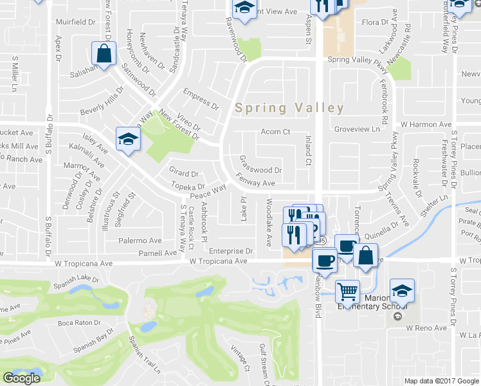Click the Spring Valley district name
289,108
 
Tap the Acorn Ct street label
275,133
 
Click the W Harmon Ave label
426,124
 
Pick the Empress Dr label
201,99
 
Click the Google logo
21,379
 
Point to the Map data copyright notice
442,381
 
